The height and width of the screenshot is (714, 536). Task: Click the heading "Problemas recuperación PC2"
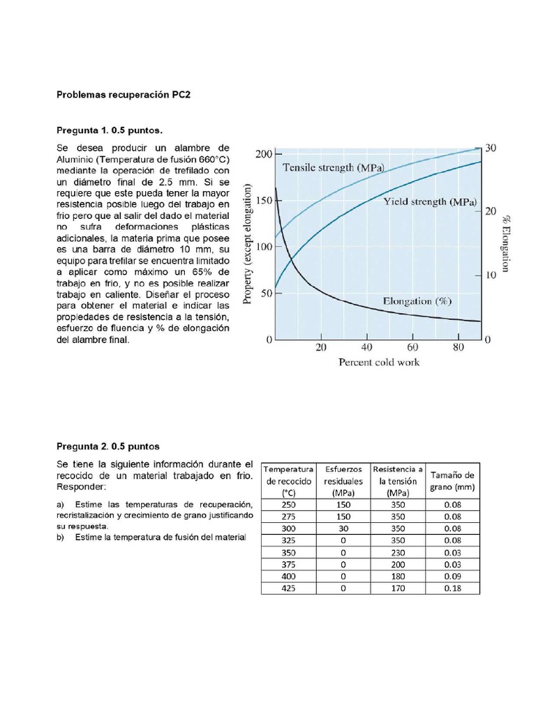click(x=121, y=95)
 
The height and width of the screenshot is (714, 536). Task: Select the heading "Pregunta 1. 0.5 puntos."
click(x=110, y=130)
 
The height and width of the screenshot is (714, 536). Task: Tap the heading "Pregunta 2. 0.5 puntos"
click(x=108, y=446)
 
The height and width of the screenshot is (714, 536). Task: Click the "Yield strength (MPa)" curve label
click(x=430, y=202)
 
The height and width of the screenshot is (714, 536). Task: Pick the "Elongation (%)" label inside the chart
click(x=418, y=301)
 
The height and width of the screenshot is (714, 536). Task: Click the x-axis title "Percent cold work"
click(x=379, y=362)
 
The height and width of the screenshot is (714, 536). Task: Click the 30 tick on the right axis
click(x=491, y=149)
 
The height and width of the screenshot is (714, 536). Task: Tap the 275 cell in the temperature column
click(x=288, y=517)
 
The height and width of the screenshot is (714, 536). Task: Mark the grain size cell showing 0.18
click(x=450, y=588)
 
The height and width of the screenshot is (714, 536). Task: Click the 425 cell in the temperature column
click(x=288, y=588)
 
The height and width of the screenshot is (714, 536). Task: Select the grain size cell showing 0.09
click(x=450, y=576)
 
